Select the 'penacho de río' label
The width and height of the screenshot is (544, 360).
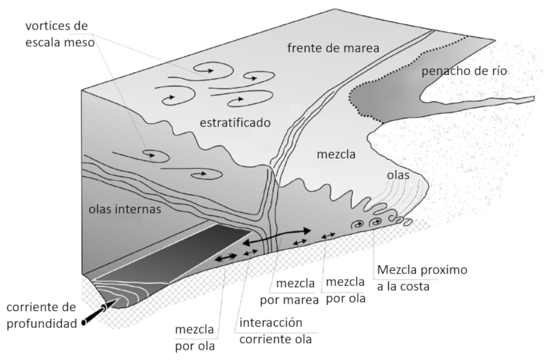tap(464, 71)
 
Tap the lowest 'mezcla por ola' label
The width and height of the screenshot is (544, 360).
tap(194, 337)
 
